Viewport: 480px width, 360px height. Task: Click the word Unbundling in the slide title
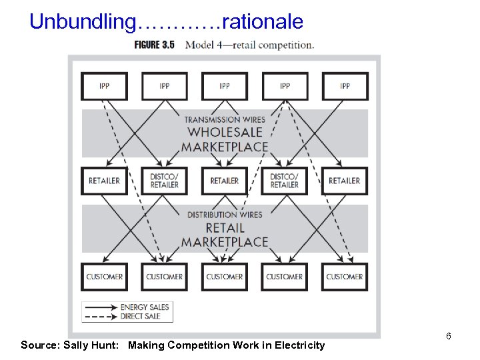click(81, 22)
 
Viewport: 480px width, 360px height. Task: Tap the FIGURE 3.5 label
click(154, 45)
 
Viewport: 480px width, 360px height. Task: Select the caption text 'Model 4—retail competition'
click(249, 45)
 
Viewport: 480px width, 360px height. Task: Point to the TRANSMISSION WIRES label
click(225, 119)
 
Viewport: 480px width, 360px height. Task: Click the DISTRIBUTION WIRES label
click(225, 215)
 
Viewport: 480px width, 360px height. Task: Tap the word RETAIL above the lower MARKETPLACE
click(225, 228)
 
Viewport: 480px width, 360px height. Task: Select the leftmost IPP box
click(104, 86)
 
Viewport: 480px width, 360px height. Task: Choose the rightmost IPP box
click(345, 86)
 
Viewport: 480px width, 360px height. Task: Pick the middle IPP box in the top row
click(225, 86)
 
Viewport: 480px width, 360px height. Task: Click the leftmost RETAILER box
click(104, 181)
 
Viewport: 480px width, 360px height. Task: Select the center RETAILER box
click(225, 181)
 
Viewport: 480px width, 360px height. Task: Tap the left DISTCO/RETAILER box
click(165, 181)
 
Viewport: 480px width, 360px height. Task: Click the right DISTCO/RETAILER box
click(285, 181)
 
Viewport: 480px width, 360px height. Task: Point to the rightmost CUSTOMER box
click(345, 276)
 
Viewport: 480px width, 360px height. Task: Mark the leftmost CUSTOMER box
click(104, 276)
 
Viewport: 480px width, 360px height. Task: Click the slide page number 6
click(449, 336)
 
